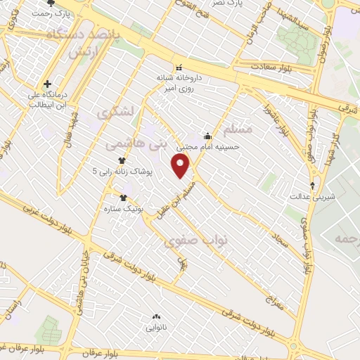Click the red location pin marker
[x=181, y=166]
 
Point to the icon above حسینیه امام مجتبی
[x=207, y=136]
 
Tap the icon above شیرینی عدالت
[x=312, y=186]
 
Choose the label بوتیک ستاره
[x=124, y=209]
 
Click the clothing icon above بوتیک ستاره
[x=124, y=198]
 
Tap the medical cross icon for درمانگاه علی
[x=46, y=83]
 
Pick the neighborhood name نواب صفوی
[x=196, y=241]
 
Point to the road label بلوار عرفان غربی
[x=28, y=348]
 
